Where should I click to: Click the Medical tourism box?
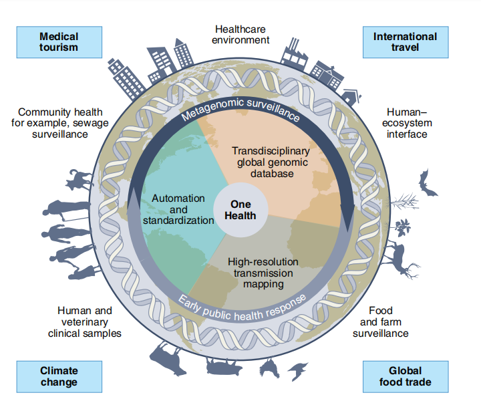tap(59, 41)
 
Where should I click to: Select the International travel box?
tap(405, 41)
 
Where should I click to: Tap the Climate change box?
tap(59, 376)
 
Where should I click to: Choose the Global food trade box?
tap(405, 376)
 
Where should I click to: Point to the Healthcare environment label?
tap(242, 34)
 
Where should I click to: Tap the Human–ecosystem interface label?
tap(410, 123)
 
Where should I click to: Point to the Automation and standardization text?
tap(178, 209)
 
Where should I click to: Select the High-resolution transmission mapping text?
tap(263, 273)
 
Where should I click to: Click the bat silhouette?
tap(427, 182)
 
